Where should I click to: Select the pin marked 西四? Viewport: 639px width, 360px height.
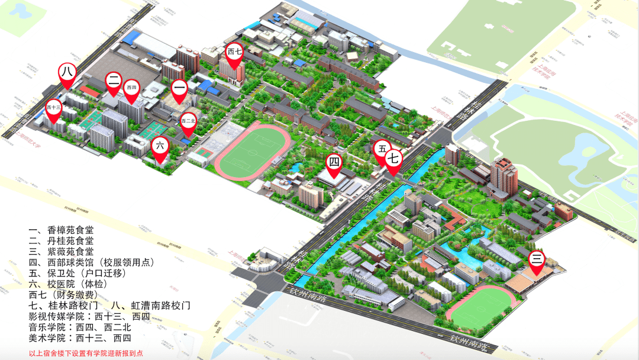pos(132,89)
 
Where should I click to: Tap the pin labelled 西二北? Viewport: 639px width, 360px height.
pos(188,122)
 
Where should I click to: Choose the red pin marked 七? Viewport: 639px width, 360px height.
pos(394,159)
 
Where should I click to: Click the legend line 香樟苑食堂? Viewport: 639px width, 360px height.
pos(62,229)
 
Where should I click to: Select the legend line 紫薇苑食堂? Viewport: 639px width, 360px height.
pos(62,252)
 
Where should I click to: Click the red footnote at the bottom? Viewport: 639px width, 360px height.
pos(86,353)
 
